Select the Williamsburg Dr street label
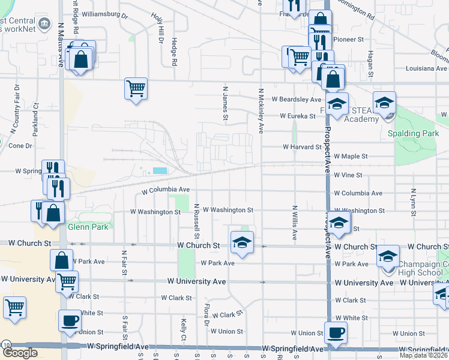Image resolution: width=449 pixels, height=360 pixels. point(105,12)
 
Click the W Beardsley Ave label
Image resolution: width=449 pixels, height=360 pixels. point(297,99)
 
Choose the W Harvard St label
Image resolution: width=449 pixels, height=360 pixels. point(302,146)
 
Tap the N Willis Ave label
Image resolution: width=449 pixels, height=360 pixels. point(295,223)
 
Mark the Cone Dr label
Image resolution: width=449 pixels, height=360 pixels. point(20,146)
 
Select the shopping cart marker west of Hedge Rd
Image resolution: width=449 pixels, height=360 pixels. point(136,89)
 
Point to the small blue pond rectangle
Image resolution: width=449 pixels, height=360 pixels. point(160,171)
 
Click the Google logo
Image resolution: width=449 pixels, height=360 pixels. point(20,353)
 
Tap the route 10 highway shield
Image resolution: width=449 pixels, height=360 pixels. point(5,344)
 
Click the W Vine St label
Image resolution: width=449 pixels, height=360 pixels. point(348,175)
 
